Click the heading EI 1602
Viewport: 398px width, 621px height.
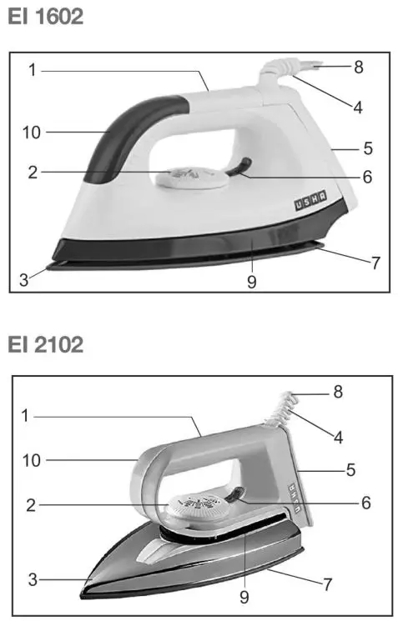(x=46, y=17)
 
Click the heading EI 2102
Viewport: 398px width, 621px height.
(x=46, y=343)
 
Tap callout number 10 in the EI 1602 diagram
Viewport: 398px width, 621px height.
(x=32, y=131)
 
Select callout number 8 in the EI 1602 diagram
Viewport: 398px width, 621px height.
(x=358, y=67)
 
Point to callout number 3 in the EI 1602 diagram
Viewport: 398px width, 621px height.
(x=24, y=281)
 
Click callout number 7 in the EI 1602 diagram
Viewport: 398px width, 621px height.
(x=375, y=263)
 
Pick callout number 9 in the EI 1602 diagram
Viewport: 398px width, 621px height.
(x=251, y=282)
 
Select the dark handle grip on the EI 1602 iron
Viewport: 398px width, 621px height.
(x=125, y=133)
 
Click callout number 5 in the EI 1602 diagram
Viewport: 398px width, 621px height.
(x=367, y=149)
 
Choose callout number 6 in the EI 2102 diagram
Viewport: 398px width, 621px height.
(x=365, y=503)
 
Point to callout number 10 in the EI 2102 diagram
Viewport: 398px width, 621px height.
(x=32, y=459)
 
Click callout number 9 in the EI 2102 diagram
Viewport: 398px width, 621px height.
(x=244, y=597)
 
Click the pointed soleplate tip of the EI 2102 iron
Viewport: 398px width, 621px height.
(x=86, y=590)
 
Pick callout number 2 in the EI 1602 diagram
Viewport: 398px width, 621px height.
(x=33, y=173)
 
